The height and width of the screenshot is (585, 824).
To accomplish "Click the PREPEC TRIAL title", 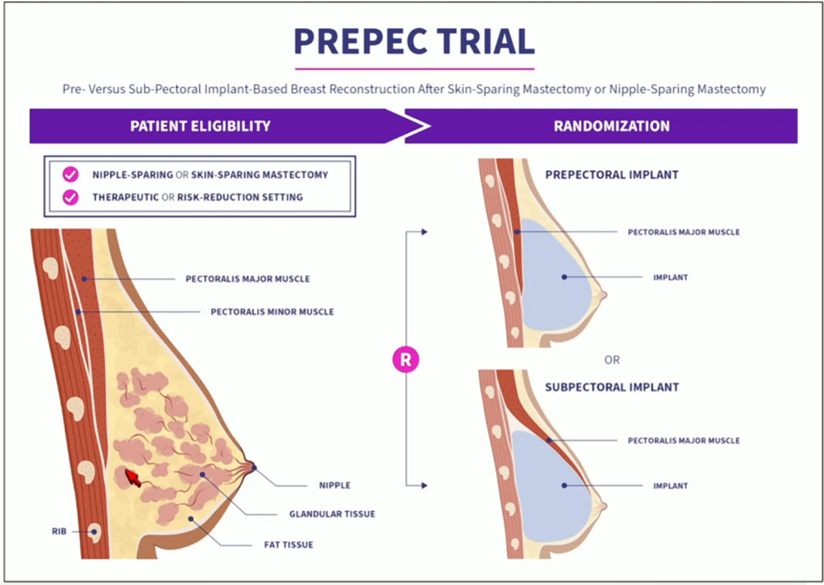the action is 414,41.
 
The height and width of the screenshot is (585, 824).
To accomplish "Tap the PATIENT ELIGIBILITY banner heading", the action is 200,126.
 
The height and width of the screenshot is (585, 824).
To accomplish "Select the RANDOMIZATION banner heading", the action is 612,126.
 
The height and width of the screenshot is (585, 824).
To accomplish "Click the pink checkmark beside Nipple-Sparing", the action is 70,175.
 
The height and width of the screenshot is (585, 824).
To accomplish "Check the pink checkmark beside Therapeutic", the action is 70,198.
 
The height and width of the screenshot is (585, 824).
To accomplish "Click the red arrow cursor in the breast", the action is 133,478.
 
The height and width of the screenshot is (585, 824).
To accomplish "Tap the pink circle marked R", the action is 406,360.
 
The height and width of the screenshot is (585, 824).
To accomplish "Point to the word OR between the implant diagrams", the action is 612,360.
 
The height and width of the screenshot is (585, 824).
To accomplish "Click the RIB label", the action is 59,532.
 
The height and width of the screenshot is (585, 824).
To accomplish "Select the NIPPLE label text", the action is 335,485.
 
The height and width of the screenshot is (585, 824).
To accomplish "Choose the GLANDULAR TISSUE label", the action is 332,514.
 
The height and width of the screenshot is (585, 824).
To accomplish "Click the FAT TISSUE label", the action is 288,545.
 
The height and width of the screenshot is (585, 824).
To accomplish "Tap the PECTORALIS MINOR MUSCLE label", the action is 272,312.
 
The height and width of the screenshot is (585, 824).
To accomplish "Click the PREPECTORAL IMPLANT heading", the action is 612,175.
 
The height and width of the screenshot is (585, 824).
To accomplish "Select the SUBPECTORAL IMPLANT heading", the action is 612,387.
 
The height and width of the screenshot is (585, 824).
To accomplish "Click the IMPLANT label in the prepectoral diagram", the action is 671,278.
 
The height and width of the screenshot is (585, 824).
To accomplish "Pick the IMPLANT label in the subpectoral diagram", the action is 671,487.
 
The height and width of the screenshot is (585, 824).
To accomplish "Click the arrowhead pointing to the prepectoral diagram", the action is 425,232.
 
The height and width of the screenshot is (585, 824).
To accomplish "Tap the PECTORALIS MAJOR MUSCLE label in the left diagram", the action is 247,279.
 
